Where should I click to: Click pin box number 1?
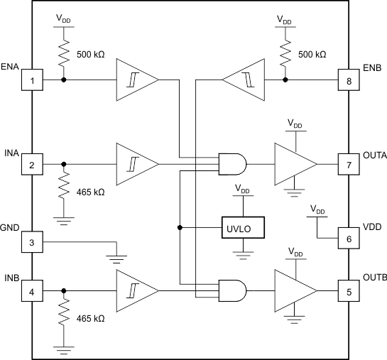click(32, 80)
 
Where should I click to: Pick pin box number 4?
click(32, 290)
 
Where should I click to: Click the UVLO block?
click(242, 227)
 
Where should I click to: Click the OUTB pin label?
click(374, 276)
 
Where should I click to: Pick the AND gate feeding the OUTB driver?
click(233, 290)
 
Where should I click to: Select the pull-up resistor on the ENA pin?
click(65, 54)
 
